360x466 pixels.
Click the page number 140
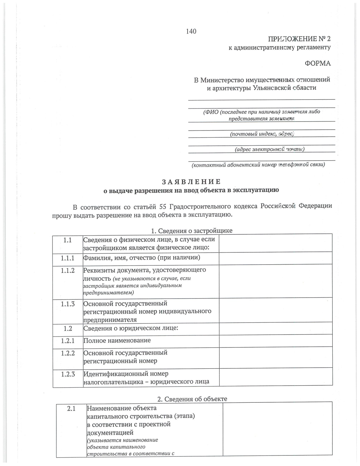(x=191, y=31)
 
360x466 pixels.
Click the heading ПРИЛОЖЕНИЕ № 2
(x=299, y=39)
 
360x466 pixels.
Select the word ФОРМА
(x=318, y=63)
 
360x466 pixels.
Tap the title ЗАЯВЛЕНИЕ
(x=191, y=182)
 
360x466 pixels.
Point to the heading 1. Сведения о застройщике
(x=191, y=230)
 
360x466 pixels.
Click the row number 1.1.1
(x=67, y=258)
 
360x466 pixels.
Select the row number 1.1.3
(x=67, y=304)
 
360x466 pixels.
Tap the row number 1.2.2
(x=68, y=353)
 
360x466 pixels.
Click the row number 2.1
(x=71, y=408)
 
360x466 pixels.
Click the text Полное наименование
(x=117, y=341)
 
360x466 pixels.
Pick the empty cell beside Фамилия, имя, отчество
(x=275, y=258)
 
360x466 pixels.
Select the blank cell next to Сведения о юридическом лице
(x=275, y=328)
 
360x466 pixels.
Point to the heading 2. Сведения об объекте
(x=192, y=399)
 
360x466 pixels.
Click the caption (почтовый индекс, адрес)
(x=261, y=134)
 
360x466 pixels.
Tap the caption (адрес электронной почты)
(x=270, y=149)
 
